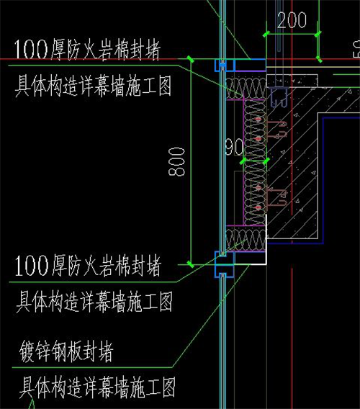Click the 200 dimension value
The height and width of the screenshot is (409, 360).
[x=292, y=20]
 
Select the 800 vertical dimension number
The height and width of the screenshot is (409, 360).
[x=177, y=162]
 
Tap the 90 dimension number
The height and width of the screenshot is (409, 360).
[x=234, y=147]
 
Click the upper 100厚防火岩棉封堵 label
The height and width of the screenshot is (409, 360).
[x=87, y=50]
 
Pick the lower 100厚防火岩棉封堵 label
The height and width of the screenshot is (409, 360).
[x=88, y=266]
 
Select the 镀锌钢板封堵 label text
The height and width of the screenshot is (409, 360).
[x=66, y=351]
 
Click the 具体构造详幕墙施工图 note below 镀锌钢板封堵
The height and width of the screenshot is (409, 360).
[x=97, y=387]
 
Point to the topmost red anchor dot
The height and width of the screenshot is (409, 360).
[x=258, y=120]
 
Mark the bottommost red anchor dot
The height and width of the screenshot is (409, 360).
[x=258, y=207]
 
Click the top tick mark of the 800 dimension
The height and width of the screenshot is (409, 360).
[x=191, y=59]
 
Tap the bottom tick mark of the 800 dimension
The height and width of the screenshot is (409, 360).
[x=191, y=264]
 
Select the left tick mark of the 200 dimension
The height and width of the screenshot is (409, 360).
[x=266, y=34]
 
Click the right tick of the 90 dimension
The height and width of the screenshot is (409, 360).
[x=266, y=161]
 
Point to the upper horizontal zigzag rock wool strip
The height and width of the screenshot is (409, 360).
[x=246, y=88]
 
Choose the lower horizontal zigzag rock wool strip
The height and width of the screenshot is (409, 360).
[x=246, y=240]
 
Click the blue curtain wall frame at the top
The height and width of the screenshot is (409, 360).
[x=225, y=66]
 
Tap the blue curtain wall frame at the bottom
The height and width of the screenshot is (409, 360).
[x=225, y=264]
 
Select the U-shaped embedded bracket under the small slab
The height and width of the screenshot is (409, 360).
[x=279, y=97]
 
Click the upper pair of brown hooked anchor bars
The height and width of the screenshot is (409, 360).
[x=277, y=130]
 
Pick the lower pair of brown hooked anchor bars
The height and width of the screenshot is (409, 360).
[x=277, y=197]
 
